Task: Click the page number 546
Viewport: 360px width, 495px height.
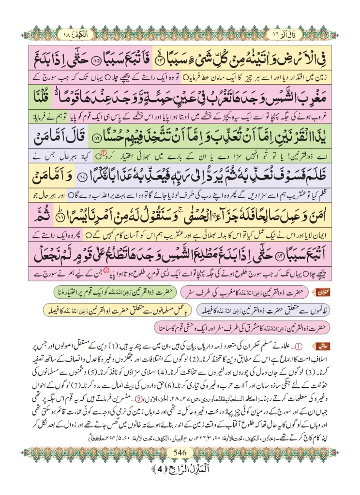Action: [x=180, y=466]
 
